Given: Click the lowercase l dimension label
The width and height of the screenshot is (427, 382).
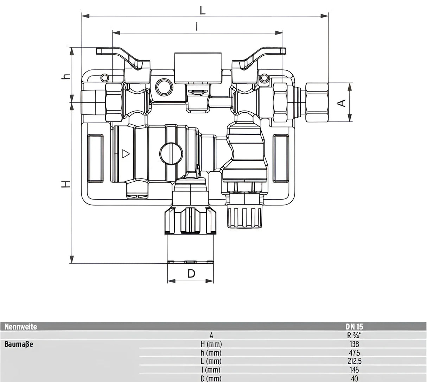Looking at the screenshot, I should (197, 26).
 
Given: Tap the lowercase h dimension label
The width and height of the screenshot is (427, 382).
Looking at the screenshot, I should (65, 76).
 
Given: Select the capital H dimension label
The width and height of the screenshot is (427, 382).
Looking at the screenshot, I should (65, 183).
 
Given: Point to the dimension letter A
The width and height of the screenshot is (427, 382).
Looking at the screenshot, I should (342, 103).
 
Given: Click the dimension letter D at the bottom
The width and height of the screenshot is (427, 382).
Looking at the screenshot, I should (191, 274).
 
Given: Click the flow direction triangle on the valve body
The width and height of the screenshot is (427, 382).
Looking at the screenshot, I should (126, 154).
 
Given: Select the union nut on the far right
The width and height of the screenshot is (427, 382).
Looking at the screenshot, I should (317, 102).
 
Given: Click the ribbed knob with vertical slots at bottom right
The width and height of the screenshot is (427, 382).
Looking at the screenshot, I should (244, 215).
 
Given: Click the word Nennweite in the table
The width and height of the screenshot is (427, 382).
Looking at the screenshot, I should (21, 327).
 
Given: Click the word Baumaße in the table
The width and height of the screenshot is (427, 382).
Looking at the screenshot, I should (19, 344).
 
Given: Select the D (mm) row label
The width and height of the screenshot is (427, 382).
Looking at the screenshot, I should (211, 378).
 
